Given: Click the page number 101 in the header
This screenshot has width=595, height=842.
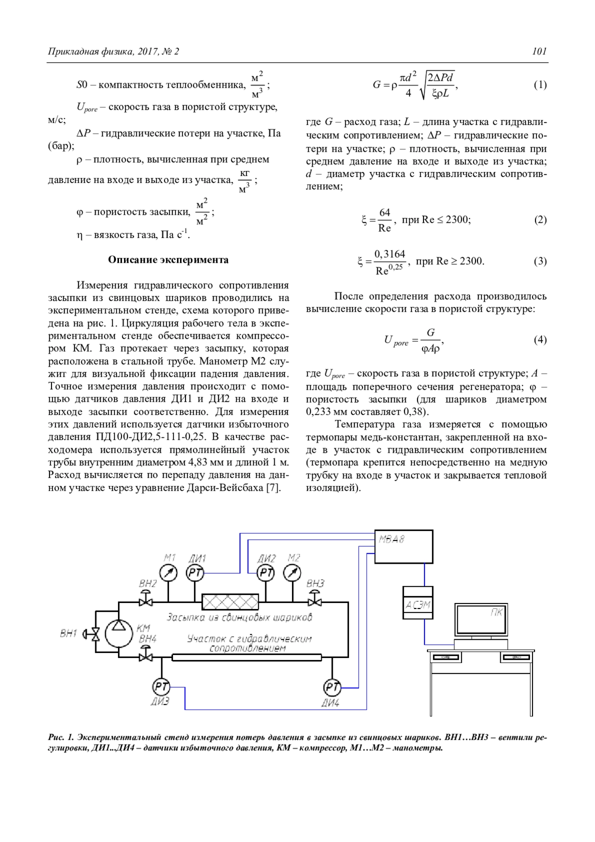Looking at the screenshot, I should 539,51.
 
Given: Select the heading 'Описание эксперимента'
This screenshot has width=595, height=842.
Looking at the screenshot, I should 168,260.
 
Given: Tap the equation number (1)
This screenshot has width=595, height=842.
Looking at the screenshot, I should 540,85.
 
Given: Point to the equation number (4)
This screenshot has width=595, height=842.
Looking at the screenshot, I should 540,340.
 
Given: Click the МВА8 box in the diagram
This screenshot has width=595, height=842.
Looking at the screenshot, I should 403,546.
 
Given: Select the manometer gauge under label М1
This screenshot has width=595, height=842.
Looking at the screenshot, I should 170,573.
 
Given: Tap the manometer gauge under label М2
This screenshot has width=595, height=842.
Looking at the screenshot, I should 292,573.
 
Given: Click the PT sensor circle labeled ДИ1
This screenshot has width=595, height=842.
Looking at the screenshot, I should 195,573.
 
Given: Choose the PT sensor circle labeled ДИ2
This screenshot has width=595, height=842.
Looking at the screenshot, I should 266,573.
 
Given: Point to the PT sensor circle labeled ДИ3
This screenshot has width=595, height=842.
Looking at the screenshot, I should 161,687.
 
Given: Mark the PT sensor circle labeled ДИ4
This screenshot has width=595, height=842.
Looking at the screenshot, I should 332,687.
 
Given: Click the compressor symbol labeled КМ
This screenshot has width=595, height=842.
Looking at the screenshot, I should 119,633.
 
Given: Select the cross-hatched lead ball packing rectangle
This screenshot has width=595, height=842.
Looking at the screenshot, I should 230,602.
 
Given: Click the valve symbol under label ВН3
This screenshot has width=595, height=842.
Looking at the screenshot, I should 315,601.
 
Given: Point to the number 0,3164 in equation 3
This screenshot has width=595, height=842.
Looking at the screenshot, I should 390,254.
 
